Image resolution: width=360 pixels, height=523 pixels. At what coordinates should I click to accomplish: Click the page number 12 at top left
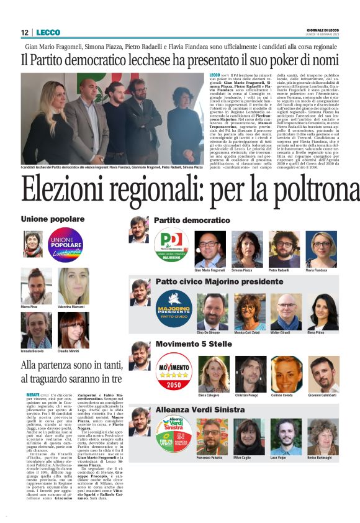pos(25,32)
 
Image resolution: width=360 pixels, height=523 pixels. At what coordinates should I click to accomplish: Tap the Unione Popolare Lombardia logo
pos(66,245)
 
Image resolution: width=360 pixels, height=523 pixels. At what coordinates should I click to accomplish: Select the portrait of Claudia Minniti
pos(73,329)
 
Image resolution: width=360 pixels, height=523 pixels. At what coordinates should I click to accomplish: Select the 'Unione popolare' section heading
pos(53,219)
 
